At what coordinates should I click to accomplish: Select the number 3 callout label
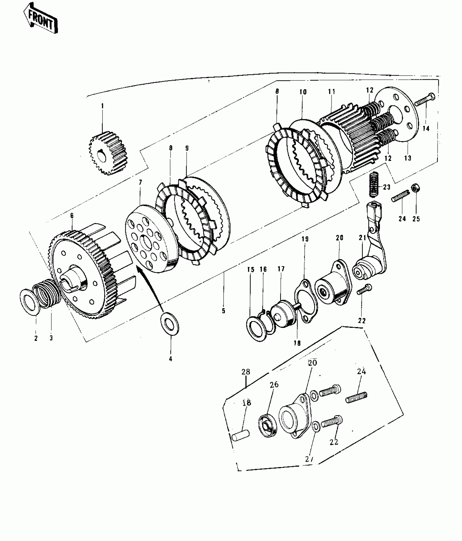click(51, 338)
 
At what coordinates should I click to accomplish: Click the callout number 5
click(223, 311)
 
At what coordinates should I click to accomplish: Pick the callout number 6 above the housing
click(72, 216)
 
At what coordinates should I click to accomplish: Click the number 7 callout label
click(140, 182)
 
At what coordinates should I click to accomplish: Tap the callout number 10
click(303, 92)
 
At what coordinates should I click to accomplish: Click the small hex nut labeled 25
click(415, 188)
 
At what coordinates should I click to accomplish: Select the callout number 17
click(281, 269)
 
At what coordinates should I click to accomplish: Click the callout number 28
click(246, 372)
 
